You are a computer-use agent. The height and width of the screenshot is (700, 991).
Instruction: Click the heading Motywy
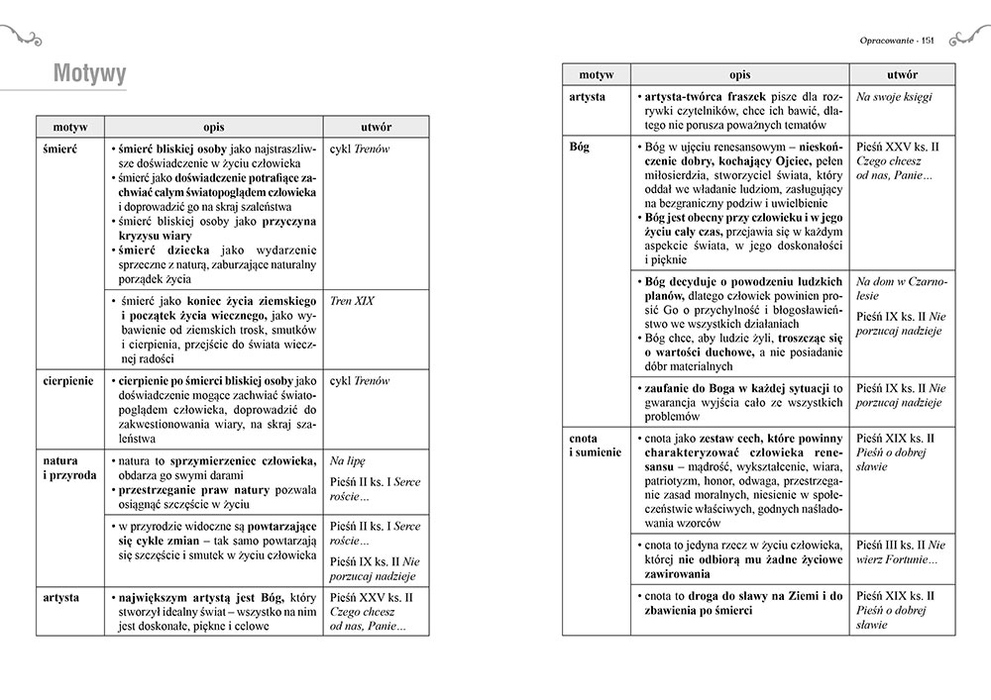tap(89, 73)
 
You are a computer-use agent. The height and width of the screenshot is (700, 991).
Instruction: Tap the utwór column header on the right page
tap(902, 75)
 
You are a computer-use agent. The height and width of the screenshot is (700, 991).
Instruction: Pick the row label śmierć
tap(61, 149)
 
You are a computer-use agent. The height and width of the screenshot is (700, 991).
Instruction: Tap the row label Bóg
tap(580, 147)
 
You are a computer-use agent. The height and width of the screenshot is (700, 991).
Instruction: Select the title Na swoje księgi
tap(894, 97)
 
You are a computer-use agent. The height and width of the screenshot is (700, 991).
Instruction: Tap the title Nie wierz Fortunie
tap(901, 551)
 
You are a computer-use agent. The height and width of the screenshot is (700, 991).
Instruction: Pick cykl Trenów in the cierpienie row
tap(360, 381)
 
